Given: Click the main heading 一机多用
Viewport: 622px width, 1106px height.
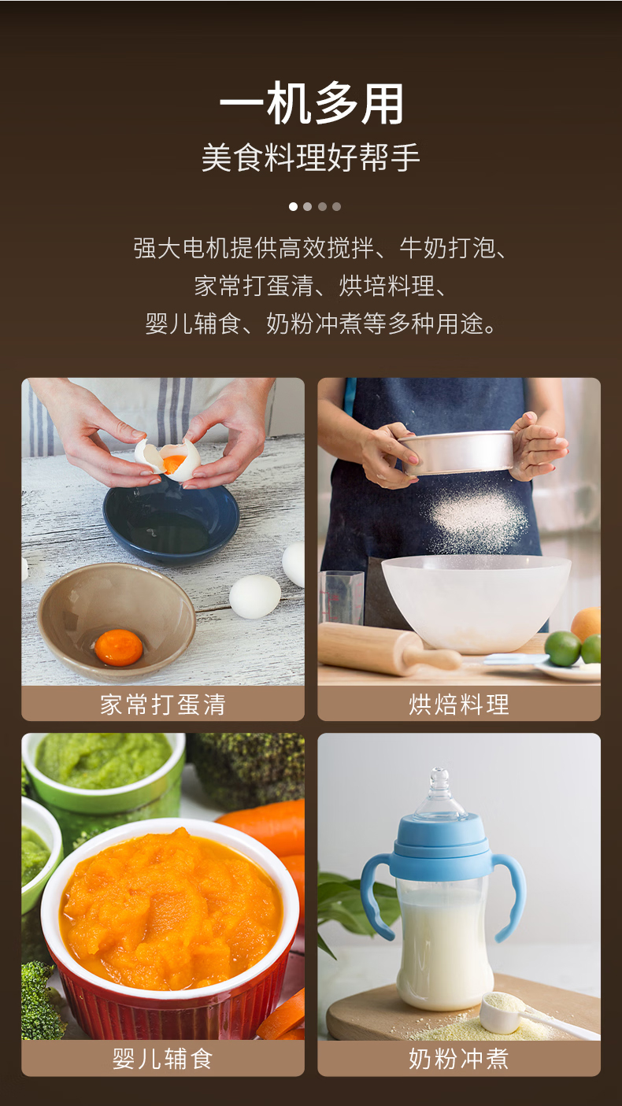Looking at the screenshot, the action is (311, 104).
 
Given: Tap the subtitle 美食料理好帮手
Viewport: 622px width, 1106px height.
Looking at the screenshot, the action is (311, 158).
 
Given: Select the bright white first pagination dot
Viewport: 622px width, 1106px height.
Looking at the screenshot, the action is (293, 206).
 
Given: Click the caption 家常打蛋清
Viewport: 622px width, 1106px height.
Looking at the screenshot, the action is (163, 704).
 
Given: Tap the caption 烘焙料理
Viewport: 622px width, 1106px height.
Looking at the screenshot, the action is (458, 704).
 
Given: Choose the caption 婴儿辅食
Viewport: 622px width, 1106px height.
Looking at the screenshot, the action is (163, 1059).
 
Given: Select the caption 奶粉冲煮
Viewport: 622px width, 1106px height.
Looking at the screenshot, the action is (458, 1059).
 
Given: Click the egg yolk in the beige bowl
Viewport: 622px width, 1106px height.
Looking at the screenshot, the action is (118, 647).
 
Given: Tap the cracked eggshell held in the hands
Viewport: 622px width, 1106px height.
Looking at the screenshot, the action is (168, 457).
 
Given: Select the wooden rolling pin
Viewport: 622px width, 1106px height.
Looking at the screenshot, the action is (388, 649).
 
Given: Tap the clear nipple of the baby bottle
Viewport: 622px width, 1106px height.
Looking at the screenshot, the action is (440, 791).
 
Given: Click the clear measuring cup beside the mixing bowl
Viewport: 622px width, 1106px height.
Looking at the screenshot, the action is (342, 597).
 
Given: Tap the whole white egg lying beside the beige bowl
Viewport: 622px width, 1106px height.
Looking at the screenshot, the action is (255, 597).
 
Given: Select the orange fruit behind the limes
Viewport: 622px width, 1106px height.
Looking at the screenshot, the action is (587, 623).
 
